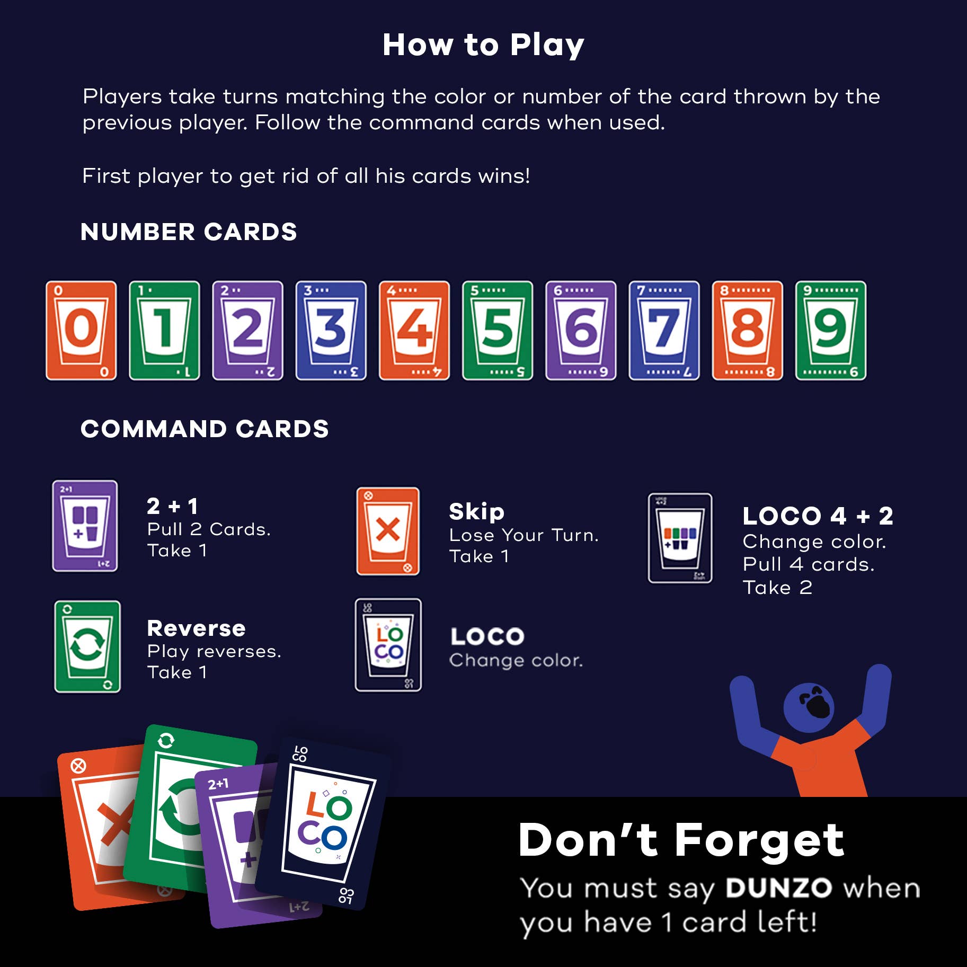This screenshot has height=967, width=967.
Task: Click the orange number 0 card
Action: [x=81, y=330]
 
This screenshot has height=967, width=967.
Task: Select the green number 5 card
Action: [x=498, y=330]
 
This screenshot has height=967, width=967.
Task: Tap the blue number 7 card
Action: [x=664, y=330]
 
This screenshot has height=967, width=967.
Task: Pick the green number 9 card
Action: [x=830, y=330]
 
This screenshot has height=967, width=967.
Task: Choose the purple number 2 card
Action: [x=247, y=330]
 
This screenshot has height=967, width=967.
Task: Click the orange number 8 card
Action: [x=747, y=330]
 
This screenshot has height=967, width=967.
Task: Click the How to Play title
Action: [x=483, y=45]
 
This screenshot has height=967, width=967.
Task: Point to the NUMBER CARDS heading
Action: [x=189, y=232]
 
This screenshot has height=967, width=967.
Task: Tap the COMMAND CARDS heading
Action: [x=205, y=429]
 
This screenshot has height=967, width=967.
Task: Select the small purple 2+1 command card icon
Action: [x=85, y=526]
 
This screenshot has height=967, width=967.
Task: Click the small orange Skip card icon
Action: [x=388, y=531]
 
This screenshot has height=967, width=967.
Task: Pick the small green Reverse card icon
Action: [x=87, y=646]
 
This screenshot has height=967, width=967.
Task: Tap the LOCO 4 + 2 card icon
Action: [x=680, y=538]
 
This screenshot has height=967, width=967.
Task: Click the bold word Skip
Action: [x=476, y=512]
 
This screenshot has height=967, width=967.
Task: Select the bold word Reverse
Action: [x=196, y=628]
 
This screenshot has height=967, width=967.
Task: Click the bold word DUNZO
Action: [x=778, y=888]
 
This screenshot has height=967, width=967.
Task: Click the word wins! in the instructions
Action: [x=504, y=176]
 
